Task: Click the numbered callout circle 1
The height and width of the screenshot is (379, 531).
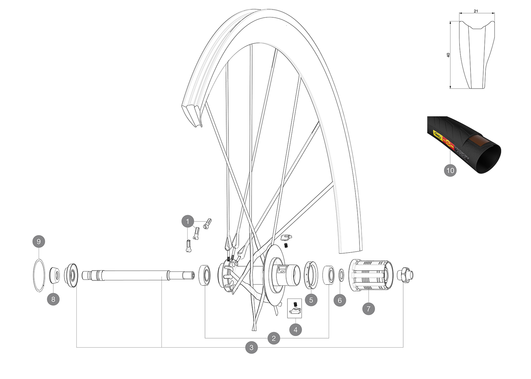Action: coord(188,221)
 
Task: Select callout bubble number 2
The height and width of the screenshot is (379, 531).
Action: coord(274,338)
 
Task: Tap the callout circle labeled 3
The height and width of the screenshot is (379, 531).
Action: coord(251,347)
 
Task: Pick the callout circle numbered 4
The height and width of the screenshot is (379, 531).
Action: coord(295,329)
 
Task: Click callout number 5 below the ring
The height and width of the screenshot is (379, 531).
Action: coord(311,300)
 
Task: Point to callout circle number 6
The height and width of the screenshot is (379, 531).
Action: coord(340,300)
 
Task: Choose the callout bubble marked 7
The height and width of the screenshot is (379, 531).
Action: coord(368,309)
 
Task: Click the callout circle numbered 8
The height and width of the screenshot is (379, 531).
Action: coord(53,299)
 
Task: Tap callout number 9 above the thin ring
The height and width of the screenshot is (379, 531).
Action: coord(39,241)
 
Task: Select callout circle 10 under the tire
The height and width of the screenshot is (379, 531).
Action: coord(450,170)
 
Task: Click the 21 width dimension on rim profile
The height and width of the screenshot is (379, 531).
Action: coord(476,11)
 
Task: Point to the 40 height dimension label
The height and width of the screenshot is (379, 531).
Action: coord(448,55)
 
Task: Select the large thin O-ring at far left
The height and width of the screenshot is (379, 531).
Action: coord(39,275)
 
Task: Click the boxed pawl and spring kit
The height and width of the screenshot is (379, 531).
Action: coord(295,308)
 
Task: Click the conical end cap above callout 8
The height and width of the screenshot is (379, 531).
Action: coord(54,275)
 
